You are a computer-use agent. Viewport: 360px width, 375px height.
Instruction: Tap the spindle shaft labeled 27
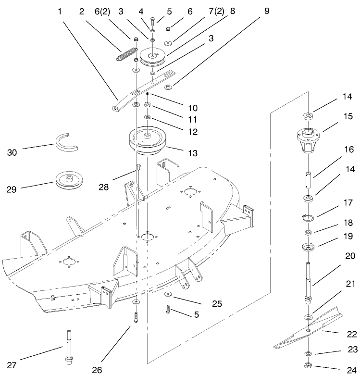point(69,346)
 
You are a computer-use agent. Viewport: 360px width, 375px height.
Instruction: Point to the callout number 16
point(348,150)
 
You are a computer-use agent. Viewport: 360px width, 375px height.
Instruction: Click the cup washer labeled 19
point(307,248)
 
